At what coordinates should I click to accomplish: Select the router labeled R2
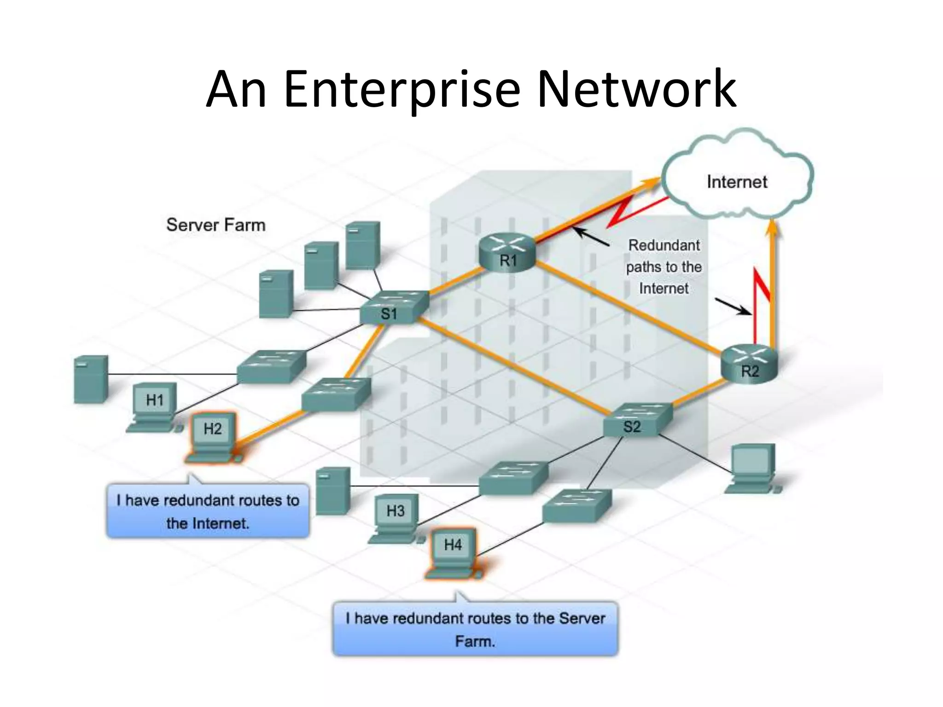pos(749,364)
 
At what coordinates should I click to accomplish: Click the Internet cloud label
pos(737,182)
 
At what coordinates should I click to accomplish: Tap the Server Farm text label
pos(216,225)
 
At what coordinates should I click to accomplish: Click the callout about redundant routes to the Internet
pos(208,511)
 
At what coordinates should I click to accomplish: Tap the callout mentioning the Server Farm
pos(475,629)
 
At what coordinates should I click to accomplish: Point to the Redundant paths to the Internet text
pos(664,267)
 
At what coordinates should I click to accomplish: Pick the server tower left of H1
pos(91,379)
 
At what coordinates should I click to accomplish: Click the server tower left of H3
pos(333,491)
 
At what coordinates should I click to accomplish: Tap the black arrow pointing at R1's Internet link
pos(592,237)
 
